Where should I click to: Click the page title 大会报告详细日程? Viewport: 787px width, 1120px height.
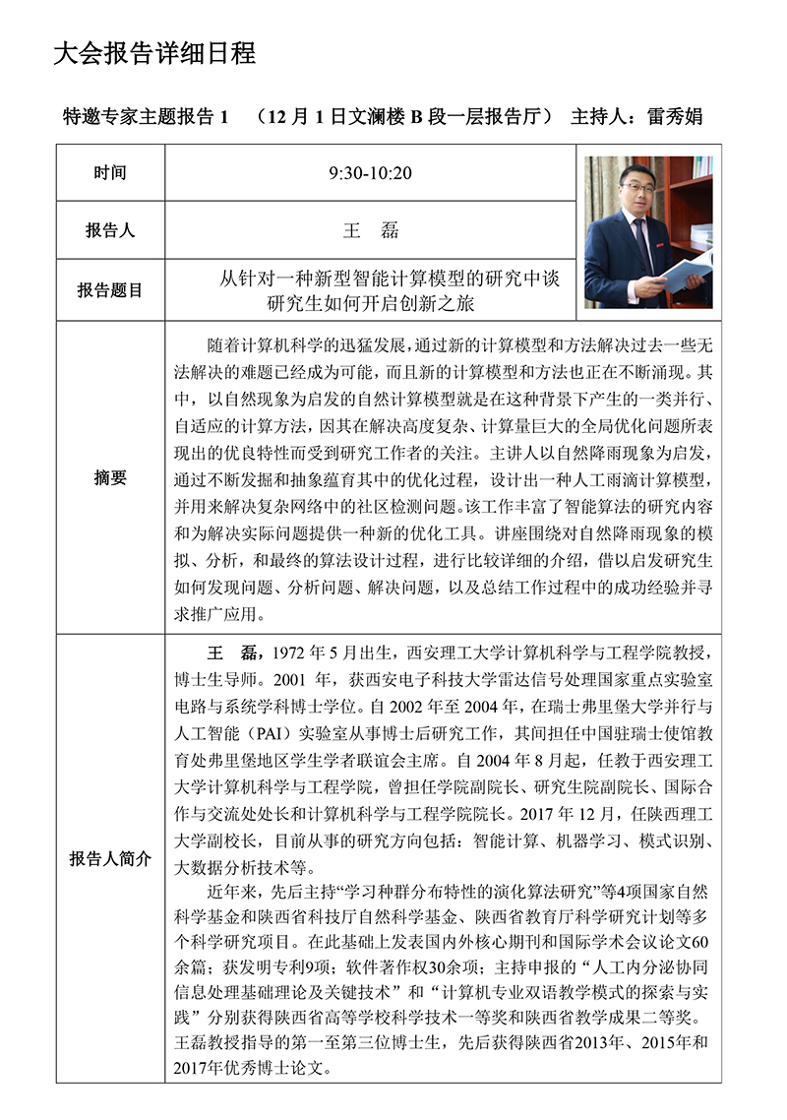(x=154, y=54)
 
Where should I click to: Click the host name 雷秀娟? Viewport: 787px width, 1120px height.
(x=674, y=116)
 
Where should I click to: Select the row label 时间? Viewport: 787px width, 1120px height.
(x=110, y=173)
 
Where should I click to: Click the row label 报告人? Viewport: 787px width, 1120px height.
(x=110, y=231)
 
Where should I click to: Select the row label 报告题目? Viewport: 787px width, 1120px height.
(x=110, y=290)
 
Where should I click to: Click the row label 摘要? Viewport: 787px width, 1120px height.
(x=110, y=477)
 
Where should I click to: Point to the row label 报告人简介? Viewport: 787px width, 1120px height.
(x=110, y=858)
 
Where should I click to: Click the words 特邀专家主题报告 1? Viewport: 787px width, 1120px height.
(x=145, y=116)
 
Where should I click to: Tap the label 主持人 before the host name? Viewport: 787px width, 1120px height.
(x=597, y=116)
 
